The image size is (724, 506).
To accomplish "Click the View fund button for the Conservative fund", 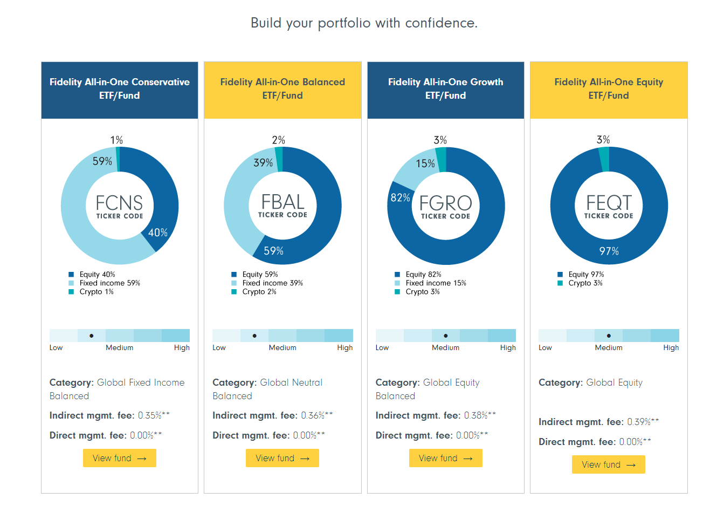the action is [120, 458].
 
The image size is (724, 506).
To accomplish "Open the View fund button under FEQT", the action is [608, 464].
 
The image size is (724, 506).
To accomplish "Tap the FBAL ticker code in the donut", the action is [282, 202].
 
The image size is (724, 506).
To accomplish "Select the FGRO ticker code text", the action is [445, 203].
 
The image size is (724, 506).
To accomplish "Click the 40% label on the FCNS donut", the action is [158, 233].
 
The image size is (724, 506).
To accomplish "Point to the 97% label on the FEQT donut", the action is [609, 251].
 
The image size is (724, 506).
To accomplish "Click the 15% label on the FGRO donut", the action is [425, 163].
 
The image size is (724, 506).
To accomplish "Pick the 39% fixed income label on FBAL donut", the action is [263, 162].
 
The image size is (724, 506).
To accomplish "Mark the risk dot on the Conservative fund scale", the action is [92, 336].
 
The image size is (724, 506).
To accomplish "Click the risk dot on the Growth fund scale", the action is [446, 336].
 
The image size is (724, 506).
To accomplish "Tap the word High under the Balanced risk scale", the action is [345, 348].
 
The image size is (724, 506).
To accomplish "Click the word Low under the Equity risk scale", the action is [545, 348].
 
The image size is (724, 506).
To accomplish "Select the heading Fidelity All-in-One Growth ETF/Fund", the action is [445, 88].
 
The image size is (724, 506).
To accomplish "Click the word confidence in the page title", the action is [442, 23].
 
